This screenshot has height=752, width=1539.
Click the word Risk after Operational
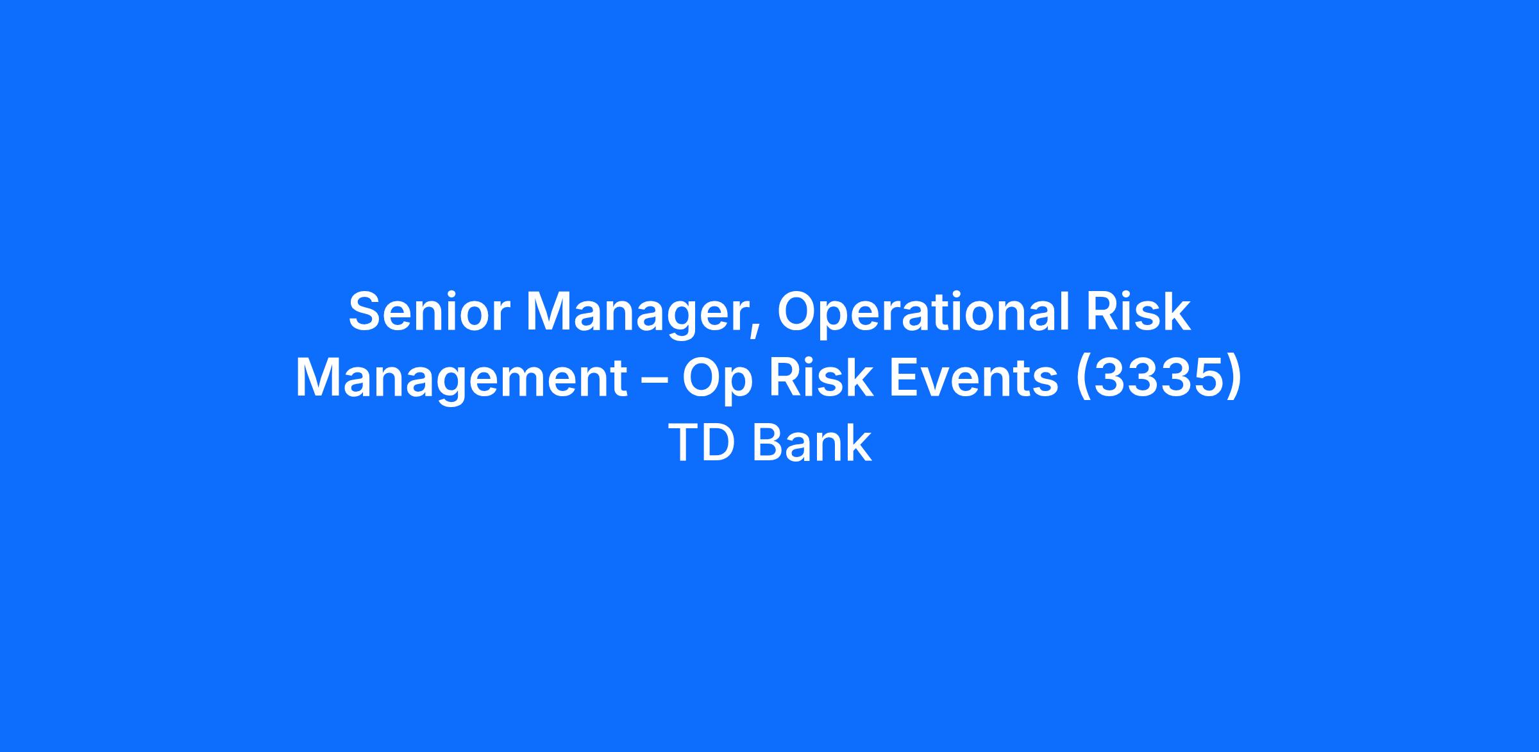[1138, 312]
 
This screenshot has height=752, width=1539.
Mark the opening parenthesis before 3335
[1082, 381]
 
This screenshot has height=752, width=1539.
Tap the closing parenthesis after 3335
[1234, 381]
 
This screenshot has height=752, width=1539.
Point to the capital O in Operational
[798, 312]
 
